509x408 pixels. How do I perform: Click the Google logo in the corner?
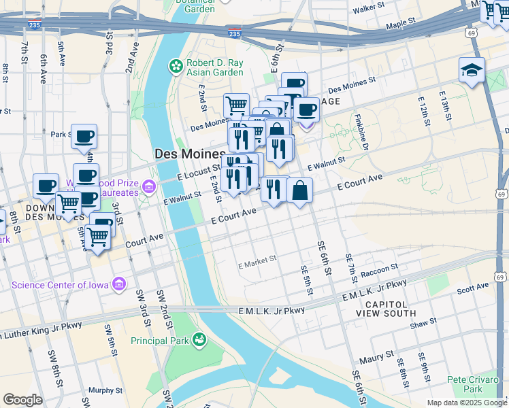[x=22, y=400]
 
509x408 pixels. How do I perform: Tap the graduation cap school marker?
[x=472, y=70]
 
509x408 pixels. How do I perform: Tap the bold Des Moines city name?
[x=189, y=154]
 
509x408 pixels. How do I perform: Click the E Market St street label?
[x=257, y=259]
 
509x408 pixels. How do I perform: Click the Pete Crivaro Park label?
[x=474, y=384]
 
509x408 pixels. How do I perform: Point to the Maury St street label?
[x=377, y=355]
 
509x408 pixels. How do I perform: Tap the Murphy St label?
[x=105, y=390]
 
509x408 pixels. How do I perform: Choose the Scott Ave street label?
[x=472, y=289]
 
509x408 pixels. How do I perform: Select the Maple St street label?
[x=400, y=24]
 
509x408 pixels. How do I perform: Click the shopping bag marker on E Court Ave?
[x=299, y=192]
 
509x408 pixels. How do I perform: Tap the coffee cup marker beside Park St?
[x=84, y=136]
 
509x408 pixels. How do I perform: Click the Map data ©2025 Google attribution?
[x=466, y=403]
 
